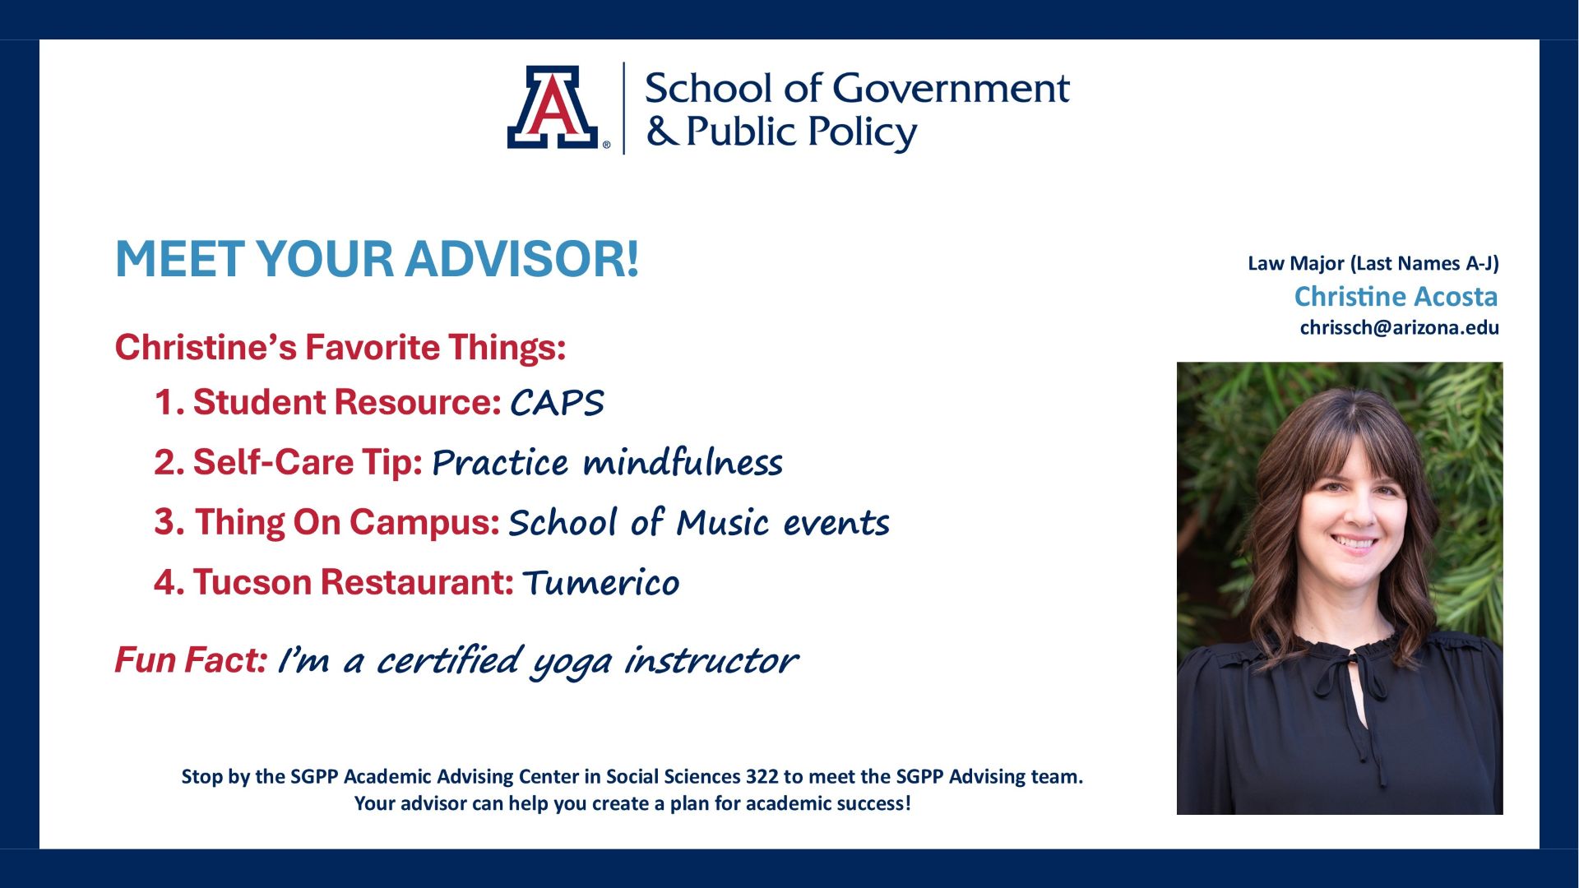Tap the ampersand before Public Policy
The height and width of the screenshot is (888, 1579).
pyautogui.click(x=661, y=131)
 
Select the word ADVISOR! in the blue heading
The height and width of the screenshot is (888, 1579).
pyautogui.click(x=521, y=259)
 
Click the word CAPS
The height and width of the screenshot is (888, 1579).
pyautogui.click(x=558, y=403)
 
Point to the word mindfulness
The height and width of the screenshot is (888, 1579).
pyautogui.click(x=683, y=462)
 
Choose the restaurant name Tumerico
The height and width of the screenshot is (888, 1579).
pyautogui.click(x=601, y=583)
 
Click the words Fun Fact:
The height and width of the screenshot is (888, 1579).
pyautogui.click(x=191, y=659)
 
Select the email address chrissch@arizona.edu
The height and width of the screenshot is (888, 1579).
pyautogui.click(x=1399, y=327)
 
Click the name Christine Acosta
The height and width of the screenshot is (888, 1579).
pyautogui.click(x=1396, y=296)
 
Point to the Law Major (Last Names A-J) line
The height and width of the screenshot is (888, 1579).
pyautogui.click(x=1373, y=263)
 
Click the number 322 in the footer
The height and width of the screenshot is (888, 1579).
pyautogui.click(x=762, y=776)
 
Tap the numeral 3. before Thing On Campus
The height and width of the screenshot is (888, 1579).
pyautogui.click(x=169, y=523)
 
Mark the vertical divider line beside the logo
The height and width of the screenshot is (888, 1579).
pyautogui.click(x=623, y=108)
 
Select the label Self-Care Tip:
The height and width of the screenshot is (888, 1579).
pyautogui.click(x=308, y=462)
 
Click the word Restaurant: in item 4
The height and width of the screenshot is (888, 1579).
pyautogui.click(x=417, y=582)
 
